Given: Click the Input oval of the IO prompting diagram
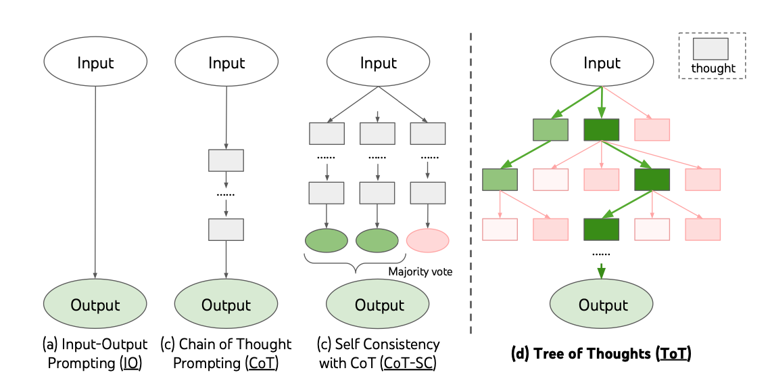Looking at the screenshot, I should [x=95, y=64].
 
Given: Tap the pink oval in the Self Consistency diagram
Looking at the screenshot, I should [x=428, y=240].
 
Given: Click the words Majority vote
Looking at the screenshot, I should [x=419, y=271].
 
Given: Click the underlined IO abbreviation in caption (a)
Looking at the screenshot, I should [x=131, y=363].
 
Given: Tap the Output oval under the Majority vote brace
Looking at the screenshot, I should [x=379, y=305].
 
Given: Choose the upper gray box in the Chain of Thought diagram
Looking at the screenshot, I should [x=226, y=160].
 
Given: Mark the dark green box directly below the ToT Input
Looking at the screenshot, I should [x=602, y=129].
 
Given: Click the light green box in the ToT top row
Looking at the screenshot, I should [x=550, y=129].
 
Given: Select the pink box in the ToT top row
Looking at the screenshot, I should [x=652, y=129].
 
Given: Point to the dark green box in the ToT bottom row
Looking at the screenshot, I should [x=602, y=229].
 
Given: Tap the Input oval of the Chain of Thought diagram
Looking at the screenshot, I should [x=226, y=64].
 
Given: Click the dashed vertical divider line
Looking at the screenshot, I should [x=471, y=183].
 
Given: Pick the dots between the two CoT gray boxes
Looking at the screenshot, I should [x=226, y=196].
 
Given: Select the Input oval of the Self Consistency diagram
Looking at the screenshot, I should [x=379, y=64].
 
